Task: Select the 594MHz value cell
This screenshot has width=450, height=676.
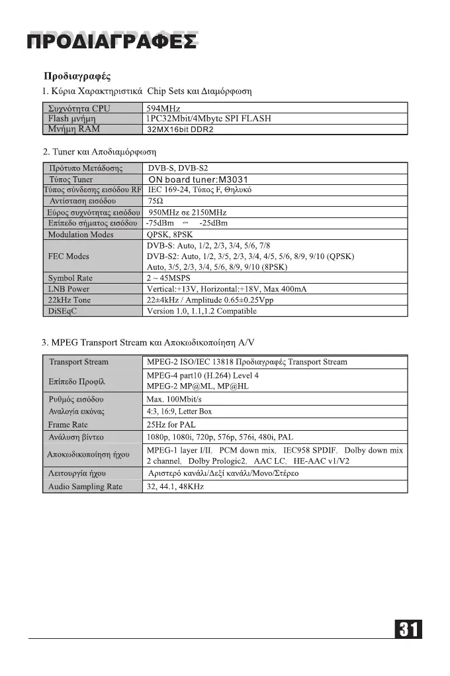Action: pyautogui.click(x=163, y=109)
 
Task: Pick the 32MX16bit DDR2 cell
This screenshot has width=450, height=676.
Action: pyautogui.click(x=180, y=129)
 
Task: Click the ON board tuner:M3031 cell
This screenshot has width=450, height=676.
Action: pyautogui.click(x=198, y=180)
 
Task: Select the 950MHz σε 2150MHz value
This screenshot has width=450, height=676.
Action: pyautogui.click(x=188, y=212)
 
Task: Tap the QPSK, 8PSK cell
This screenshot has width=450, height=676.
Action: pyautogui.click(x=170, y=235)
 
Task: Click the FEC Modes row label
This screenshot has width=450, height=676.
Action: pyautogui.click(x=68, y=256)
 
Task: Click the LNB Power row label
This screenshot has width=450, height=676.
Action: pyautogui.click(x=68, y=289)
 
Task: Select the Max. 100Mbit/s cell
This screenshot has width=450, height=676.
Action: pyautogui.click(x=174, y=400)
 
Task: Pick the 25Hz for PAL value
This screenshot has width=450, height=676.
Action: pyautogui.click(x=171, y=424)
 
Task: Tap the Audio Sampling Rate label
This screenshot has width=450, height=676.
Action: pyautogui.click(x=85, y=487)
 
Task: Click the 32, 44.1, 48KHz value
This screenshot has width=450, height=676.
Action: pyautogui.click(x=175, y=487)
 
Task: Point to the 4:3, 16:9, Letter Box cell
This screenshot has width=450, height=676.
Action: pyautogui.click(x=179, y=412)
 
